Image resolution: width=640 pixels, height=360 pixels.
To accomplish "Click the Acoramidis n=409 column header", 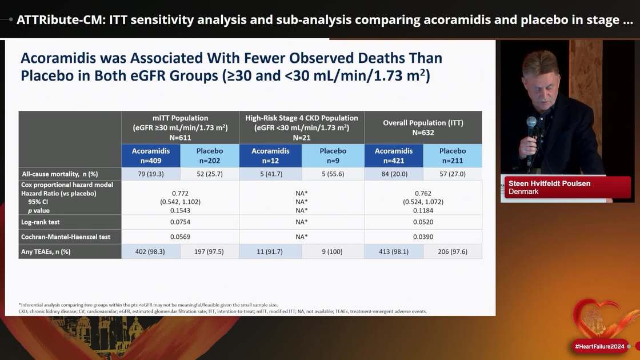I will click(150, 155).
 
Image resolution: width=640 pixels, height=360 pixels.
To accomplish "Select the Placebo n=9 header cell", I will click(333, 155).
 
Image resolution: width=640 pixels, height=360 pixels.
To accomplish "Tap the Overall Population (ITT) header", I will click(423, 127).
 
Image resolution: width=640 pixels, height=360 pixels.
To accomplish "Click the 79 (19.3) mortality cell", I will click(150, 174).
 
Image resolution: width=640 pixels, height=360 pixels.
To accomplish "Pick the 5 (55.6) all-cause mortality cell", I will click(333, 174).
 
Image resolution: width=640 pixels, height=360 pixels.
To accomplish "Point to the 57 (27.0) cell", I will click(453, 174).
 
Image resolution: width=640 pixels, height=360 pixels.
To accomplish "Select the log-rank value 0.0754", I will click(180, 221).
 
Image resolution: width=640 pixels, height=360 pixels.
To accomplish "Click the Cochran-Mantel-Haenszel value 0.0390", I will click(423, 236).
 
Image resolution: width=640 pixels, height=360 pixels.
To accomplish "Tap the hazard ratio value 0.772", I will click(180, 193).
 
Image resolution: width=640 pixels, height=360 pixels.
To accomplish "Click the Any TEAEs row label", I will click(46, 251).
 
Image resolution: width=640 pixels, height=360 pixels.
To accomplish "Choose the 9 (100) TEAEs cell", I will click(333, 251).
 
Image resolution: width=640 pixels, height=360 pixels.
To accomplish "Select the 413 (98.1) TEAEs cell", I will click(394, 251).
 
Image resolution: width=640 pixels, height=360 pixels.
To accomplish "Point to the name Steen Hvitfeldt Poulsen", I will click(547, 183).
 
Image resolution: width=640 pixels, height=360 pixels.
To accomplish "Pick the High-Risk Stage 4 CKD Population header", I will click(302, 127).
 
